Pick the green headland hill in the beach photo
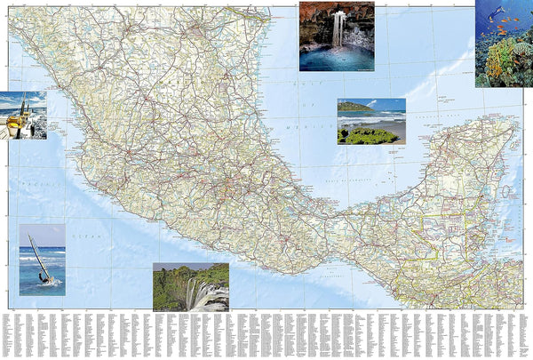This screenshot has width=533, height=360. (354, 108)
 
